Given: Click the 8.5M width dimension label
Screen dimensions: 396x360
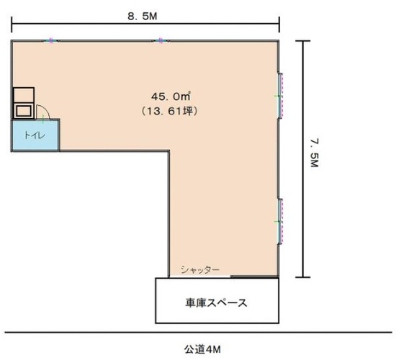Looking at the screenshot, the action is [x=142, y=17].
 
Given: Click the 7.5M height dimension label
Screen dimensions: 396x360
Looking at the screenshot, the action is [x=314, y=153].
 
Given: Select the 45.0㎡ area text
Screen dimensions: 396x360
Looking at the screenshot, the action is [x=171, y=96].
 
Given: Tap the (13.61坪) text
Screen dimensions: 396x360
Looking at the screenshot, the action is [x=169, y=111].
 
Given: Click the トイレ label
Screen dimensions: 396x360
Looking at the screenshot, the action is [x=35, y=135].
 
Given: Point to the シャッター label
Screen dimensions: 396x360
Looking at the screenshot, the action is [x=200, y=270].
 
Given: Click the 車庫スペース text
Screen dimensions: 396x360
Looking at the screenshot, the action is [x=216, y=302].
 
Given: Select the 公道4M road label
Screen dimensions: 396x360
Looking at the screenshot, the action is [x=202, y=349].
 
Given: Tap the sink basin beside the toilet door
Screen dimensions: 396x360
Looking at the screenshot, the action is [x=24, y=111].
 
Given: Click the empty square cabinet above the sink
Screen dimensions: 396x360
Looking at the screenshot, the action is [x=24, y=95].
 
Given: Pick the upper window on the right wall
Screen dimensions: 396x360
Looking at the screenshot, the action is [x=280, y=96].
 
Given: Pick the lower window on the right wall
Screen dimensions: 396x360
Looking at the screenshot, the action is [x=280, y=222].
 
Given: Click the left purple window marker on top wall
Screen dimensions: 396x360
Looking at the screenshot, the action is [x=51, y=40].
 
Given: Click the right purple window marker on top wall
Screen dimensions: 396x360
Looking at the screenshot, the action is [x=161, y=40].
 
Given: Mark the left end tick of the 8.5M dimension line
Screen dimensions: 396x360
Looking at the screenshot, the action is [x=12, y=24].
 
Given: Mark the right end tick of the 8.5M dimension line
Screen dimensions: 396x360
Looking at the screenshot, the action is [x=279, y=24].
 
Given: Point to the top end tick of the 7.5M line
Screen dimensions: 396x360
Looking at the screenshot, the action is [x=303, y=41].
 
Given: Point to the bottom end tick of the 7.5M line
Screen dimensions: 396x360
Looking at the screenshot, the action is [x=303, y=277].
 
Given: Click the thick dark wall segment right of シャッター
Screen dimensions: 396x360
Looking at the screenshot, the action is [x=255, y=277].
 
